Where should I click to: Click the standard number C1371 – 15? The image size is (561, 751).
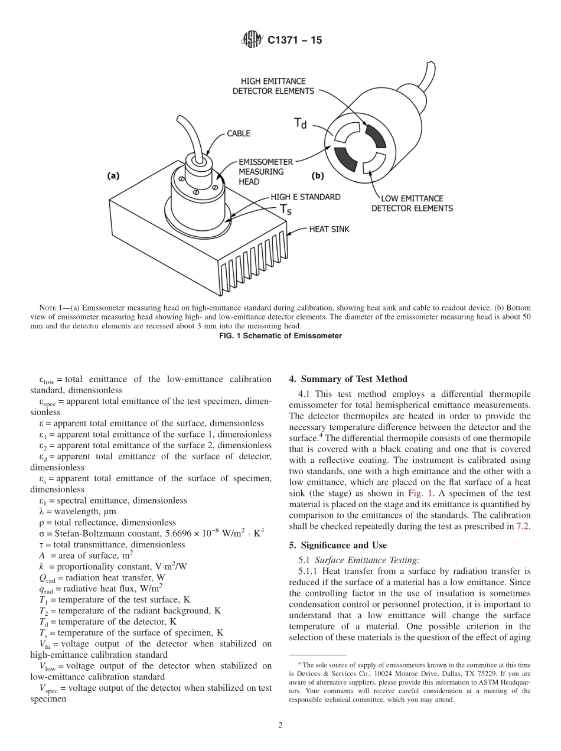(295, 41)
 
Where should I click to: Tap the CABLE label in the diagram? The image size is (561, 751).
(239, 133)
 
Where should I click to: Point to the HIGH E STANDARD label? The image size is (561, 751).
(305, 197)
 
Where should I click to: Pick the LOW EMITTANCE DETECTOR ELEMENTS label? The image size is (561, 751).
(412, 204)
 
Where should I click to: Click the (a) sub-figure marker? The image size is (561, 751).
(113, 175)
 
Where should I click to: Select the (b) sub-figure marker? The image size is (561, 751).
(318, 175)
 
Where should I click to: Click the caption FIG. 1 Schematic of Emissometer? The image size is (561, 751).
(280, 336)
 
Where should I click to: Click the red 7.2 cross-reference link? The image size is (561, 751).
(523, 525)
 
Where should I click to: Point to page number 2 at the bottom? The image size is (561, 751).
(280, 725)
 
